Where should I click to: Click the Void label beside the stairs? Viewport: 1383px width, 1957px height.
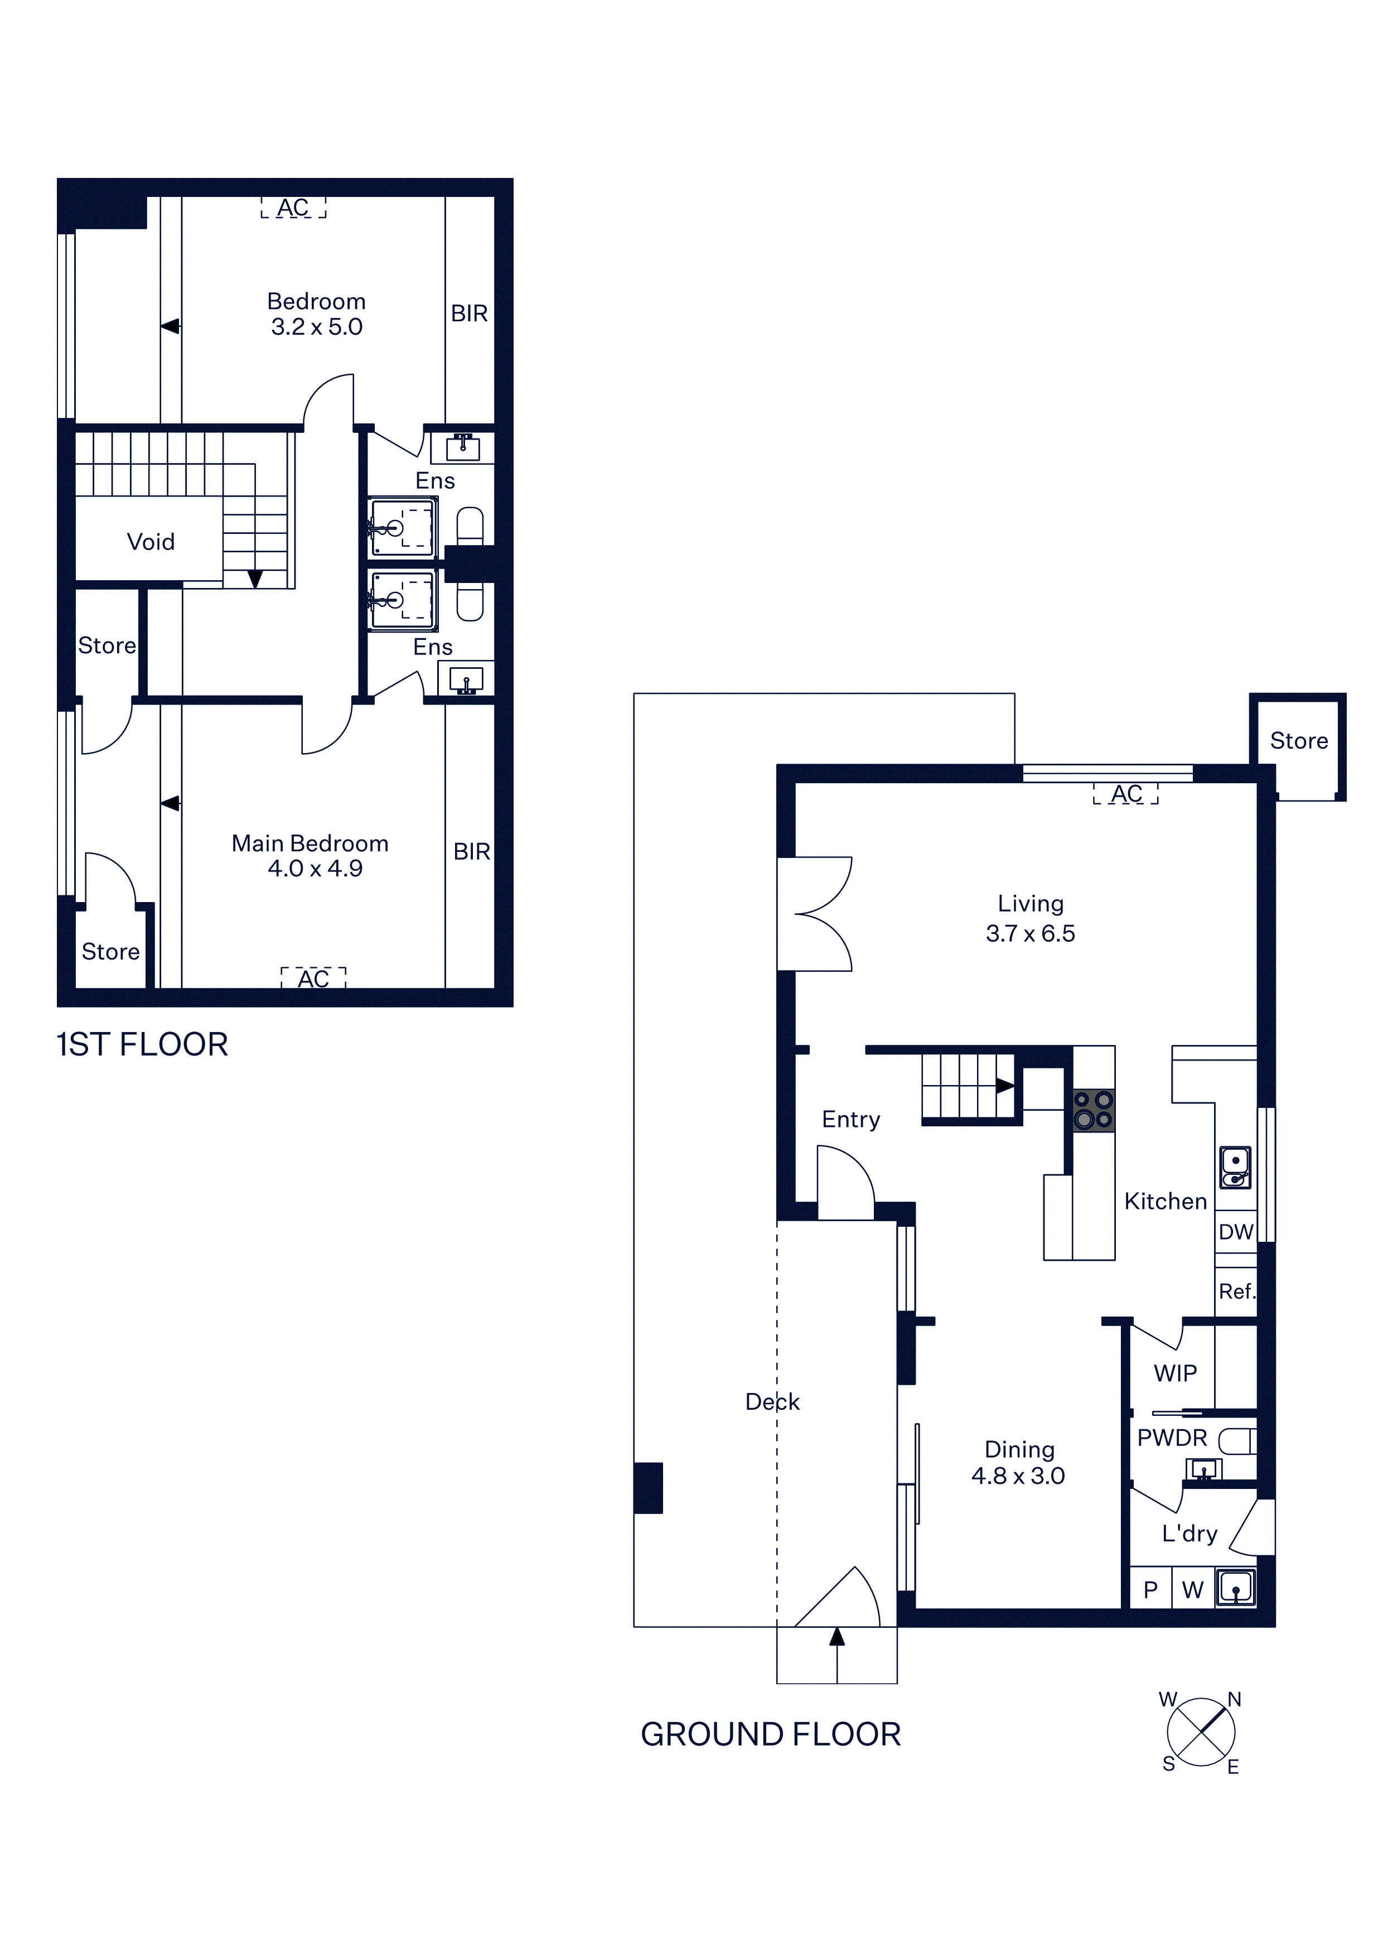pyautogui.click(x=151, y=542)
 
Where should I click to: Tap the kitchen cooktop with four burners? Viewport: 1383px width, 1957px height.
pyautogui.click(x=1093, y=1110)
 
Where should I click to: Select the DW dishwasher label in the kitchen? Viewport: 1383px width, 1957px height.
pyautogui.click(x=1236, y=1232)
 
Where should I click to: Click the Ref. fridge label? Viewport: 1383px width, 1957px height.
pyautogui.click(x=1236, y=1291)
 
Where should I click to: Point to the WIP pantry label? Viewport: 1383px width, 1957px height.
pyautogui.click(x=1175, y=1373)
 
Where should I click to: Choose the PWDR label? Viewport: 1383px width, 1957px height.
pyautogui.click(x=1172, y=1438)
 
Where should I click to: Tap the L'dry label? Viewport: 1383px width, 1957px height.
pyautogui.click(x=1189, y=1534)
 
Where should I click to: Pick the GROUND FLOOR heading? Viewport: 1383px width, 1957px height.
pyautogui.click(x=770, y=1734)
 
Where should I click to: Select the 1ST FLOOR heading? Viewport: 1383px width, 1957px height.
pyautogui.click(x=142, y=1045)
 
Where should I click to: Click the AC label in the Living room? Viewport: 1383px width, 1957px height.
pyautogui.click(x=1126, y=793)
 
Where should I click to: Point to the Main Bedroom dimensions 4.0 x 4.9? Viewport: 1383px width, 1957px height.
pyautogui.click(x=315, y=869)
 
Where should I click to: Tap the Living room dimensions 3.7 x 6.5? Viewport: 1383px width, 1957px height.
pyautogui.click(x=1030, y=933)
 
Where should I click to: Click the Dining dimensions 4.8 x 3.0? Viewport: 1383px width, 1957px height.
pyautogui.click(x=1018, y=1476)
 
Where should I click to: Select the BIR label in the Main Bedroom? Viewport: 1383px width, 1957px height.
pyautogui.click(x=471, y=851)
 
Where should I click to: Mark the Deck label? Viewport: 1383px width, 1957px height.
pyautogui.click(x=772, y=1402)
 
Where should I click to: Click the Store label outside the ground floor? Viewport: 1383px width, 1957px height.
pyautogui.click(x=1299, y=741)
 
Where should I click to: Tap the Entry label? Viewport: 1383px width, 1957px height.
pyautogui.click(x=850, y=1119)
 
